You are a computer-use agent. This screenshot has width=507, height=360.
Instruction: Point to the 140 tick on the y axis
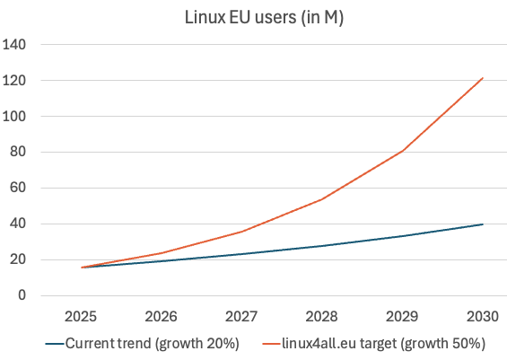(15, 45)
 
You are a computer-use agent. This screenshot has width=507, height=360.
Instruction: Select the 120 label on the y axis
(15, 81)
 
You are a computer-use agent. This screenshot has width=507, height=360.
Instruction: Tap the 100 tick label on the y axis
(15, 117)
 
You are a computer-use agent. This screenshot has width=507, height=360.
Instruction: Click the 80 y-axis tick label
(19, 153)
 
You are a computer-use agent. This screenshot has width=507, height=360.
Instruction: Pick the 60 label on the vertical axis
(19, 189)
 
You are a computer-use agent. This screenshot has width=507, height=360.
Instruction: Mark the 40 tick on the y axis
(19, 224)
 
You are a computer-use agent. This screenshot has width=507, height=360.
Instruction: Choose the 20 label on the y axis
(19, 260)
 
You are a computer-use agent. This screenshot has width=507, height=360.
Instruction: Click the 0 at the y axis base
(22, 296)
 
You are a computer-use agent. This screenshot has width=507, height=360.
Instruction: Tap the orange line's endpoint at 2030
(483, 78)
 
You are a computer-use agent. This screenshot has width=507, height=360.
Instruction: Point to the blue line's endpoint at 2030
(483, 224)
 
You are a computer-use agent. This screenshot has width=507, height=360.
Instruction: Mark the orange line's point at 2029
(403, 151)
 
